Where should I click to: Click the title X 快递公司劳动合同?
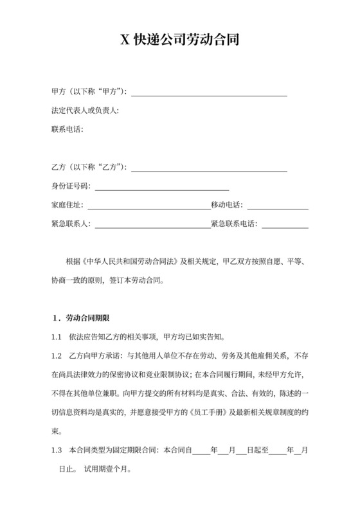point(180,40)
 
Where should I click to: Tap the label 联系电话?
point(67,129)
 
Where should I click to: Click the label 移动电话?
point(227,206)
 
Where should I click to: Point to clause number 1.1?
point(57,337)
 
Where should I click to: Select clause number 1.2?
point(57,355)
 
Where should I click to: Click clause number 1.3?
point(57,449)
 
